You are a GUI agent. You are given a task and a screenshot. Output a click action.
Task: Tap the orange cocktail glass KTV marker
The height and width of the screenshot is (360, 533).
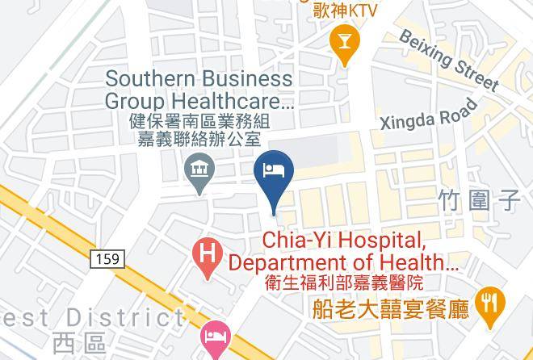(x=346, y=43)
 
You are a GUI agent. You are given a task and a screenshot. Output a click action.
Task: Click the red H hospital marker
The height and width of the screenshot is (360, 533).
(x=208, y=257)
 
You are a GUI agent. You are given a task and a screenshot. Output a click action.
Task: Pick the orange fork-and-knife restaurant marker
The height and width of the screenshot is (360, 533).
(x=490, y=304)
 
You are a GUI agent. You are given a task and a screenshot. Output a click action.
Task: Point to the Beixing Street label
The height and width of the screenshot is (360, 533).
(x=448, y=60)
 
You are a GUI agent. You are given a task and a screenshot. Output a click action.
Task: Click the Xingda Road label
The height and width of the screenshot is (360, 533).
(x=429, y=115)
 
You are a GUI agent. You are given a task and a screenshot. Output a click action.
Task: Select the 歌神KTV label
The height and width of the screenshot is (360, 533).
(x=346, y=10)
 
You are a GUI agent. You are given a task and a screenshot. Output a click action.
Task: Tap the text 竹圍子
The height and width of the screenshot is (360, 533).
(x=479, y=200)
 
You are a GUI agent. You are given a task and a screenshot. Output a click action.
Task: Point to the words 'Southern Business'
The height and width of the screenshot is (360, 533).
(x=199, y=79)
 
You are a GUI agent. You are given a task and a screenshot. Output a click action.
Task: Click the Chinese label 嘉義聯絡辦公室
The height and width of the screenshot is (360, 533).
(x=198, y=139)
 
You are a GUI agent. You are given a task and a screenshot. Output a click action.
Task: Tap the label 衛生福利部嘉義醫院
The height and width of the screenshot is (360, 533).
(x=343, y=283)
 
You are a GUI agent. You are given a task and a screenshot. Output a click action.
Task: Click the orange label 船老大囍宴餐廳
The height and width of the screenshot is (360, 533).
(x=391, y=309)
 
